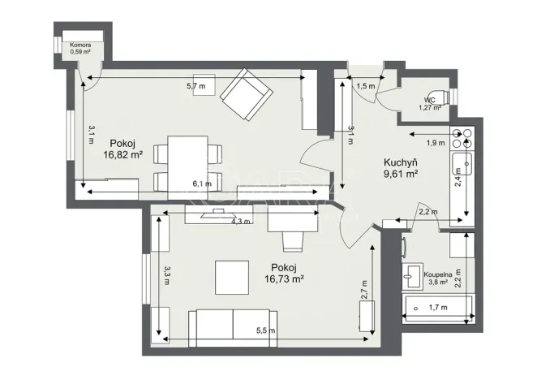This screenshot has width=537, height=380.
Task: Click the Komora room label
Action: [79, 45]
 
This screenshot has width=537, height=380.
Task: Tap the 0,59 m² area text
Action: [79, 52]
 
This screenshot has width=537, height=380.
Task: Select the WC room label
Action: [429, 100]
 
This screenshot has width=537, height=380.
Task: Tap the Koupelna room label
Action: [436, 275]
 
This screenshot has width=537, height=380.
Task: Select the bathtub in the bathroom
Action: [437, 308]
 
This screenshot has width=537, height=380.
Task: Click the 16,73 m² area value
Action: [284, 279]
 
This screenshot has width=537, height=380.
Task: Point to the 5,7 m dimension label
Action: [195, 84]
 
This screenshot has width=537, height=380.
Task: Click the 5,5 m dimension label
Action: [264, 330]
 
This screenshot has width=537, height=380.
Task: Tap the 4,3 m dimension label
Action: [240, 220]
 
